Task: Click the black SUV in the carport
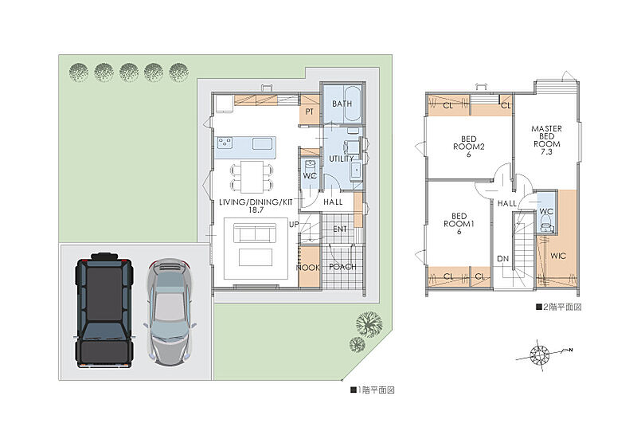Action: (x=104, y=310)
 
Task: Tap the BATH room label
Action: (x=342, y=104)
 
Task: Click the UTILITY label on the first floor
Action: (x=342, y=159)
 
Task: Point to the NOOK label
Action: (x=308, y=268)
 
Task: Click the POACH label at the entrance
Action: (x=342, y=267)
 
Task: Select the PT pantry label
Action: (x=309, y=112)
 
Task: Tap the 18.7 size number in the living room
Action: (x=256, y=210)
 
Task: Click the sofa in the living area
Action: (x=255, y=233)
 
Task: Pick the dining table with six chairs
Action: (x=252, y=177)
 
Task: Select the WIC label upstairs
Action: (x=558, y=256)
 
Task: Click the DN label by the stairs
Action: (x=503, y=259)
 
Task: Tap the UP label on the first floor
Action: (x=294, y=225)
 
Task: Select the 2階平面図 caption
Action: (x=559, y=307)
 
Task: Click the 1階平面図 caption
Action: (x=373, y=390)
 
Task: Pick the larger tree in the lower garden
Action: (x=369, y=324)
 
